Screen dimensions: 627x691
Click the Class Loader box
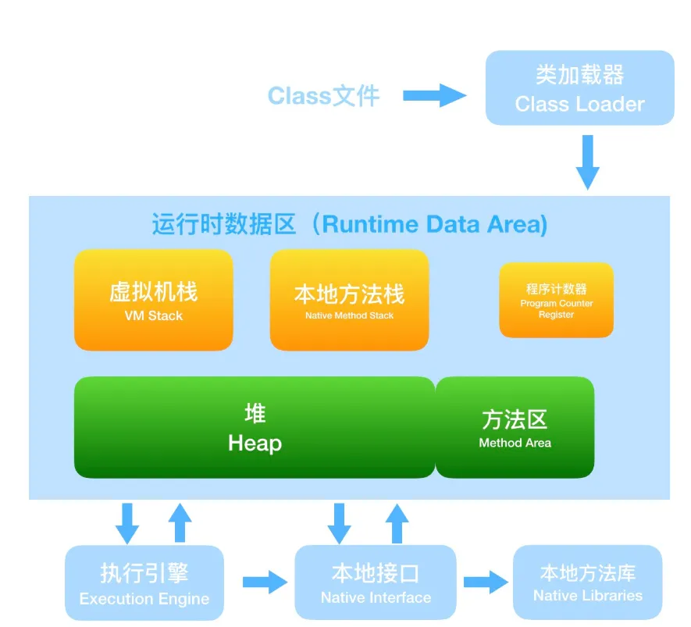[579, 88]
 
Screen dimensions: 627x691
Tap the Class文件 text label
[323, 96]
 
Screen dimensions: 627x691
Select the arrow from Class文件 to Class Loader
[434, 96]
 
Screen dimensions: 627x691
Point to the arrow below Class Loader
[587, 162]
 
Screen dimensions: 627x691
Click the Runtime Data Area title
[350, 225]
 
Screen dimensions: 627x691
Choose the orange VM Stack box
[154, 300]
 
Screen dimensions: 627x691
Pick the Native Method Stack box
[349, 300]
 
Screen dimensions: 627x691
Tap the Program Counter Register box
[556, 301]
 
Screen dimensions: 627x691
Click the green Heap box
[255, 427]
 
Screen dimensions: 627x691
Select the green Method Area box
[515, 427]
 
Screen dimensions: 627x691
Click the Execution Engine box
[144, 583]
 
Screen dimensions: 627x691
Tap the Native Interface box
[376, 582]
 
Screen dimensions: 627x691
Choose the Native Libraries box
[588, 582]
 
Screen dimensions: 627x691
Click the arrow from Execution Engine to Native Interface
[265, 582]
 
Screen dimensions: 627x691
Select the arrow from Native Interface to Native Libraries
[486, 582]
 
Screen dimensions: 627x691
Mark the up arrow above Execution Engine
[180, 522]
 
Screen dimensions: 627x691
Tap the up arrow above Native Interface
[397, 522]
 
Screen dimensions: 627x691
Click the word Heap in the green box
[255, 444]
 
